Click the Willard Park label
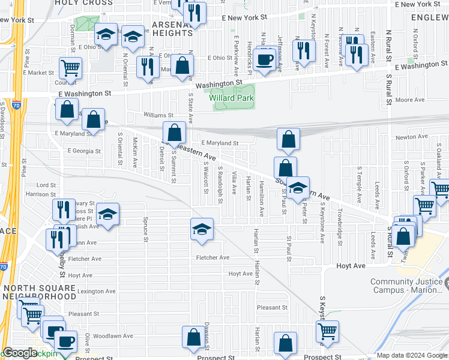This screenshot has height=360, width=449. [x=232, y=98]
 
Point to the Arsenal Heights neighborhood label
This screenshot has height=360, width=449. [x=172, y=28]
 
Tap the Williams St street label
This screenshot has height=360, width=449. [x=158, y=115]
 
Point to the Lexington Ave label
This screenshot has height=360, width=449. [x=79, y=291]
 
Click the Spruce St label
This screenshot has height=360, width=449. [x=145, y=230]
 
